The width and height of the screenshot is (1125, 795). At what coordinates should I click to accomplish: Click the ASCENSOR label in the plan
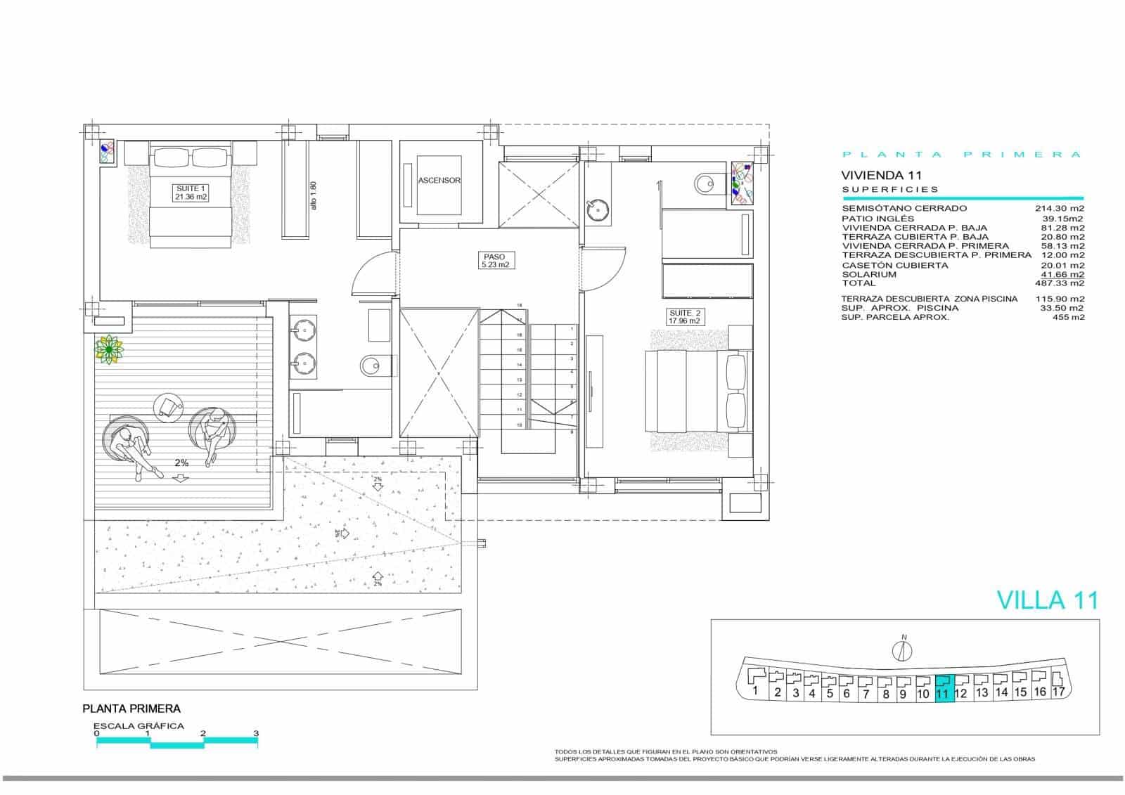(x=439, y=181)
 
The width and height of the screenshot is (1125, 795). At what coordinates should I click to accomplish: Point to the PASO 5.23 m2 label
(x=495, y=261)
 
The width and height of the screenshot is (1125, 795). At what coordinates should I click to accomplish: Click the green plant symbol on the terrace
(x=109, y=349)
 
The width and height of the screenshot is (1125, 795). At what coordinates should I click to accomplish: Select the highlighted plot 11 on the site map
(x=943, y=688)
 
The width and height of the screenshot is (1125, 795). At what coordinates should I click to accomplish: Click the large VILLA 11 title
(x=1048, y=600)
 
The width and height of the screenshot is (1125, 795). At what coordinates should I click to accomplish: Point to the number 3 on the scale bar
(x=256, y=733)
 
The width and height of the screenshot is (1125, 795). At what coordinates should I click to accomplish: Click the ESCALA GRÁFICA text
(x=139, y=726)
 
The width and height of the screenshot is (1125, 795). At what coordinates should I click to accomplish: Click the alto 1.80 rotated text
(x=314, y=195)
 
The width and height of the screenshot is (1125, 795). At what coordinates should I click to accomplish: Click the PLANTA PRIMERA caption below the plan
(x=131, y=709)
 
